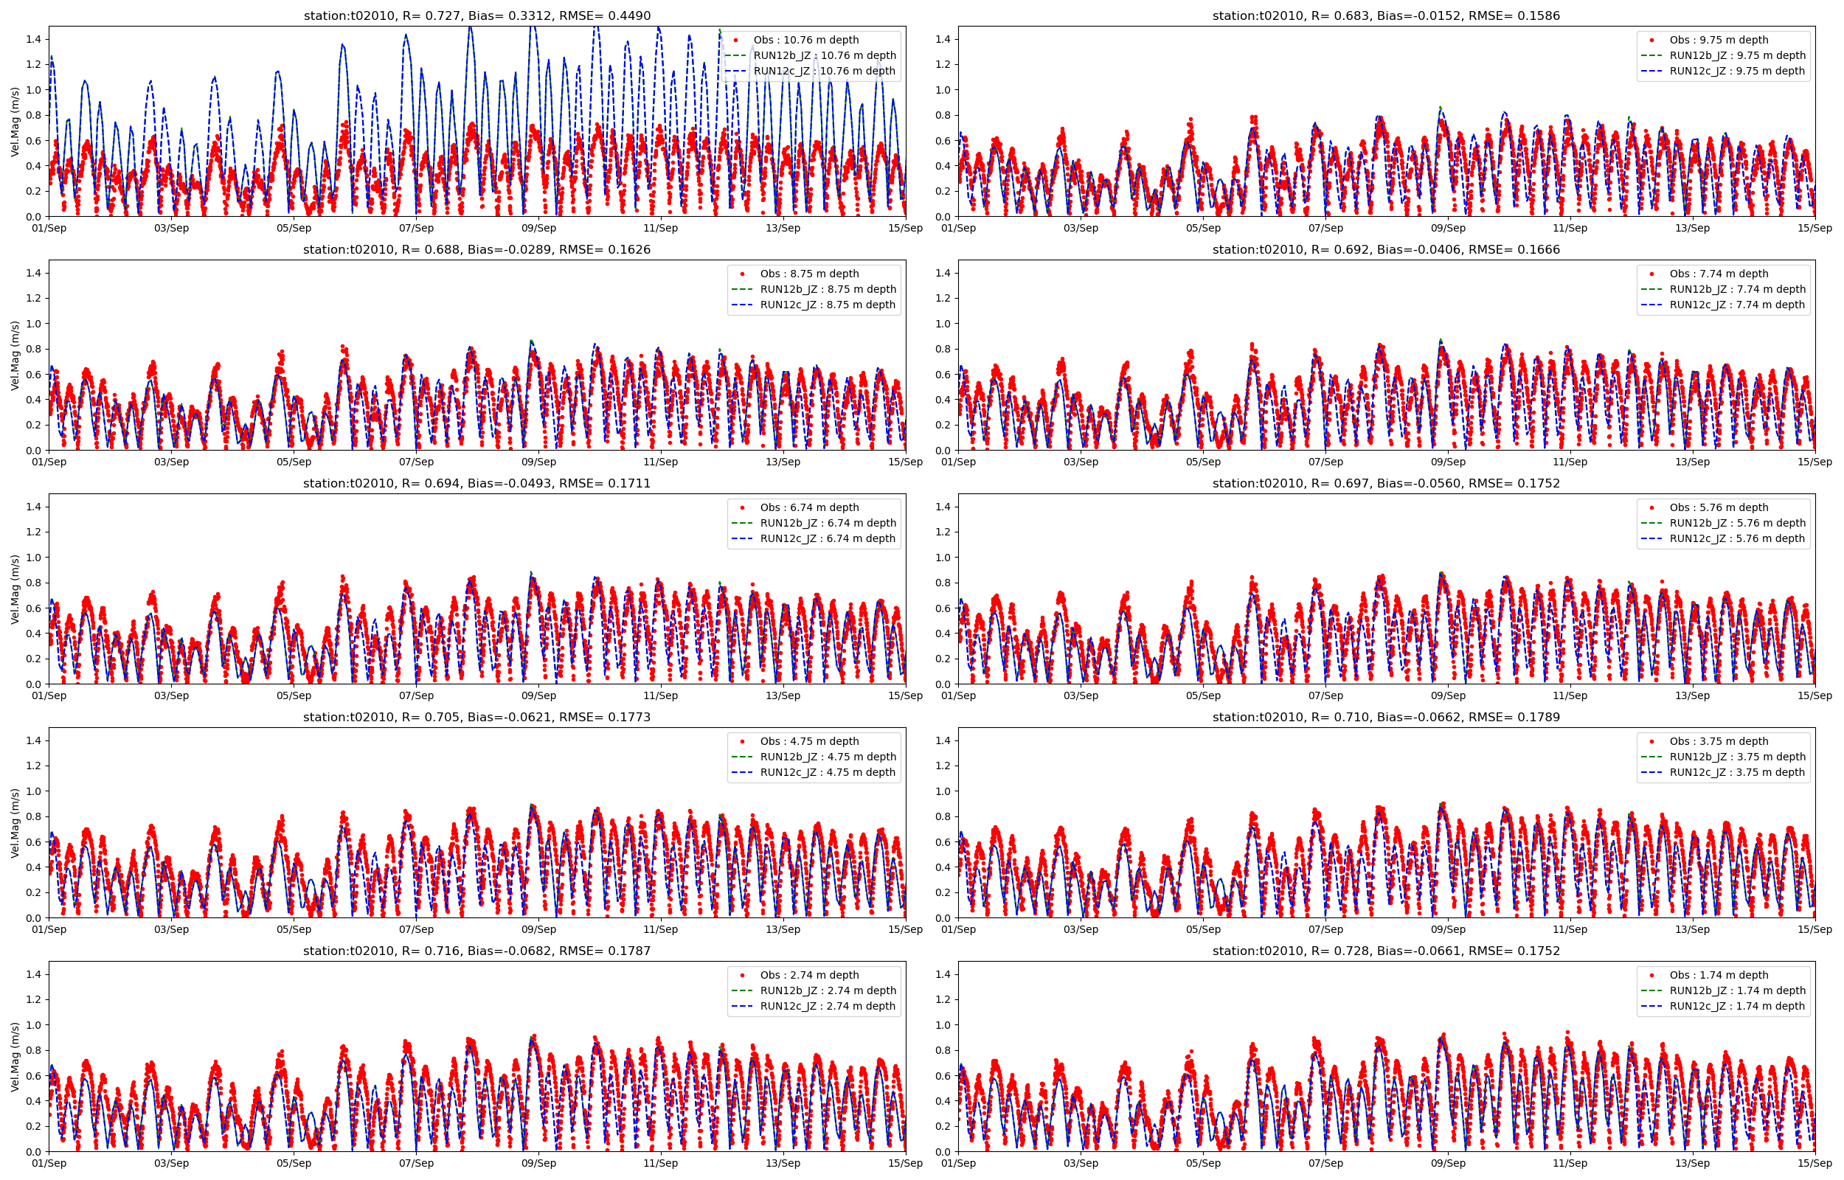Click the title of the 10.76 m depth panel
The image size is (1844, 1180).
pos(476,15)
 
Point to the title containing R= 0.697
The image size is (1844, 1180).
pos(1385,484)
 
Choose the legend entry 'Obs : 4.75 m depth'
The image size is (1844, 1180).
pos(809,741)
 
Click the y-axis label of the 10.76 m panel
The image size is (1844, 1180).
pos(15,122)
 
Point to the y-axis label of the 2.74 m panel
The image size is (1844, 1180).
pos(15,1057)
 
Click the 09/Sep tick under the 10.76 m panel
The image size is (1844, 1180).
pos(538,229)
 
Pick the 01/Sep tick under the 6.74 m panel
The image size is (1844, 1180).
pos(49,695)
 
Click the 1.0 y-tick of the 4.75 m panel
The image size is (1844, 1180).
pos(33,791)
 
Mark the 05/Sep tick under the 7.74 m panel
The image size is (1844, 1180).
pos(1203,462)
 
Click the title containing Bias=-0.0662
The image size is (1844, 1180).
pos(1385,717)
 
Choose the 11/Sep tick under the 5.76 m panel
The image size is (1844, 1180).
pos(1570,695)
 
